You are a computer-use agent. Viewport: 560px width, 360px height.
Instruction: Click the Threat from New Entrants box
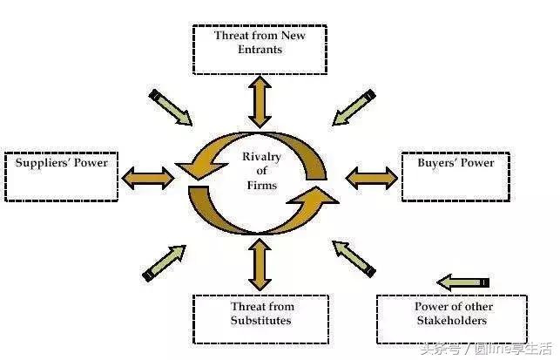coord(260,49)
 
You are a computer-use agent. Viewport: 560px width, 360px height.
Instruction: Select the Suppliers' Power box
coord(60,177)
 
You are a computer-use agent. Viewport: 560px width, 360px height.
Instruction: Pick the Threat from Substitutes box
coord(260,319)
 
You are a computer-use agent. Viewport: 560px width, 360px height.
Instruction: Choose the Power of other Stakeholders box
coord(451,319)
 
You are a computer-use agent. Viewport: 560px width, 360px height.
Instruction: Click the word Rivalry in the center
coord(260,157)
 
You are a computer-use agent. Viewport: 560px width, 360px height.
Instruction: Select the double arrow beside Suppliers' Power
coord(148,178)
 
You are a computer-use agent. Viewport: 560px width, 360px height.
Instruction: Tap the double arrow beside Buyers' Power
coord(371,178)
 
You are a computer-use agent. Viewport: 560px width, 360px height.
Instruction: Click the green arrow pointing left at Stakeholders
coord(463,282)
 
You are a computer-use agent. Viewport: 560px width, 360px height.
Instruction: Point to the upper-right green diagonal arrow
coord(354,106)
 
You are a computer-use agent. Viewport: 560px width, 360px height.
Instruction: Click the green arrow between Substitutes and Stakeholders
coord(354,259)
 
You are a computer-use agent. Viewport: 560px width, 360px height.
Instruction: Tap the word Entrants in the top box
coord(260,50)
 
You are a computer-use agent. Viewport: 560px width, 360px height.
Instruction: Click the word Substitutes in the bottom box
coord(261,321)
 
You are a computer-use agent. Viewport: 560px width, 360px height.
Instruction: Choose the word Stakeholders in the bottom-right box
coord(453,321)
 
